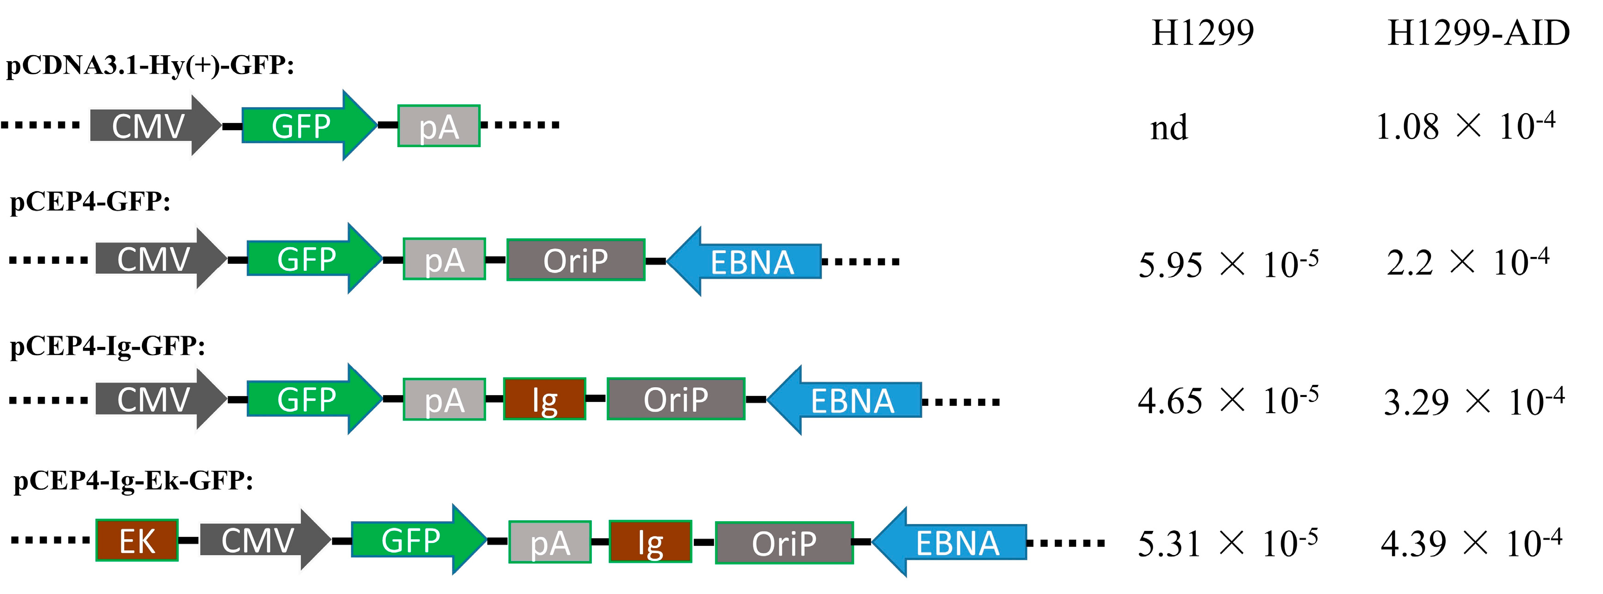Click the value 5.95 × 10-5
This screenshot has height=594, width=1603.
1228,264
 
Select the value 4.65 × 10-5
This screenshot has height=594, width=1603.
1228,401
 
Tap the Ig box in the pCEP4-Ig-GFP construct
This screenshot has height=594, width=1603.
545,399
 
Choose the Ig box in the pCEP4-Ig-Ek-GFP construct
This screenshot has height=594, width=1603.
650,542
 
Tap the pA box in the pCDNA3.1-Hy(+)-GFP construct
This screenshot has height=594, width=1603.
439,126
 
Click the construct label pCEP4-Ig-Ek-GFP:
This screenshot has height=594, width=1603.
134,481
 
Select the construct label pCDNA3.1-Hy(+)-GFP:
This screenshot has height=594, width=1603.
150,65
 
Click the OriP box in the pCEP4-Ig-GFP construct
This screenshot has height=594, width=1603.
676,399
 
